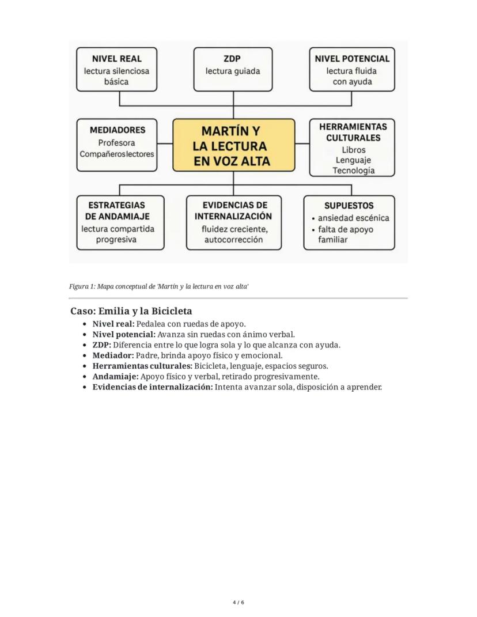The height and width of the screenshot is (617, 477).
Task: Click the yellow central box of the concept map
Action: coord(233,146)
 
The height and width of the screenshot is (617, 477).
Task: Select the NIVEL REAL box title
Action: coord(116,59)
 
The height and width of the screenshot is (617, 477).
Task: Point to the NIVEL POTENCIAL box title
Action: coord(352,59)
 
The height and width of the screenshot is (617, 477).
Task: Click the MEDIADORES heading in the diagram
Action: coord(118,130)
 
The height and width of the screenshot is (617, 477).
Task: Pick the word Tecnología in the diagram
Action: coord(353,171)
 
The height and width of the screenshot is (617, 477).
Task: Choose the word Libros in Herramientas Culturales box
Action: coord(353,150)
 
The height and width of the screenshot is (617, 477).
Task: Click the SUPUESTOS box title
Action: coord(349,205)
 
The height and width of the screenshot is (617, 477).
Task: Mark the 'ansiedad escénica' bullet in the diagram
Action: coord(353,218)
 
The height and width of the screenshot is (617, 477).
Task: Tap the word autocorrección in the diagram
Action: coord(233,240)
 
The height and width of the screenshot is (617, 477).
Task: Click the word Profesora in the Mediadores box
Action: coord(116,143)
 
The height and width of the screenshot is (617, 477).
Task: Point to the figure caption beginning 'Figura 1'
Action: coord(158,286)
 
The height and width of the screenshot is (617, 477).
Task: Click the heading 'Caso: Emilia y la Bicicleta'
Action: coord(131,311)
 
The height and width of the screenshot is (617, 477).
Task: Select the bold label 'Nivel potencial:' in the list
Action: coord(124,334)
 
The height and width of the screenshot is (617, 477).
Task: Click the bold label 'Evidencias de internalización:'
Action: coord(153,387)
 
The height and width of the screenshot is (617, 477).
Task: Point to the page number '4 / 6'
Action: coord(238,603)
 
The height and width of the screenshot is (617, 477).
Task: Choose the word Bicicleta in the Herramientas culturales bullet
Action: coord(211,366)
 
